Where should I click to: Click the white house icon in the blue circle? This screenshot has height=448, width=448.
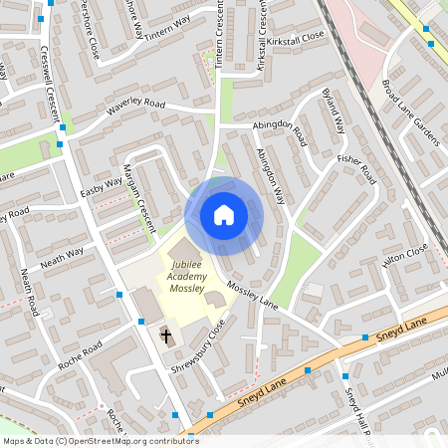223,214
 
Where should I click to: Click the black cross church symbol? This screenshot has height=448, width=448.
166,336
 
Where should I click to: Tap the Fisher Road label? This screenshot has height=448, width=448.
355,170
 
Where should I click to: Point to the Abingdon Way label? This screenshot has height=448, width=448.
270,176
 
